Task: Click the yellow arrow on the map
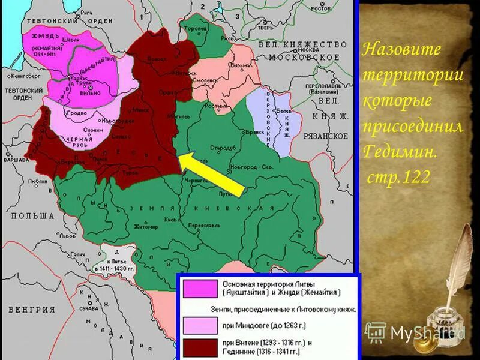coord(213,174)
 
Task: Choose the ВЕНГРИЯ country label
coord(28,310)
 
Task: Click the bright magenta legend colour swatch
coord(200,288)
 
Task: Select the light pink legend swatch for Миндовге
coord(200,325)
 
